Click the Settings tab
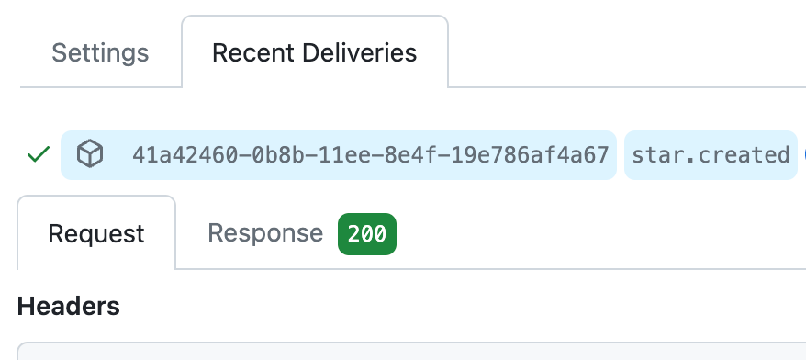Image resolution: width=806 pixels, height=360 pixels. tap(100, 52)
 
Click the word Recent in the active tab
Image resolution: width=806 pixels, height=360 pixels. tap(252, 52)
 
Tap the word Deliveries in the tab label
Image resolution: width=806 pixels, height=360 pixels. tap(359, 52)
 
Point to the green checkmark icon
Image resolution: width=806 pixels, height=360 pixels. tap(39, 154)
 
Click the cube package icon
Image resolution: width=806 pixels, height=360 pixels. tap(90, 153)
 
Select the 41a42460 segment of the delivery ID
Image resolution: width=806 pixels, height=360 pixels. tap(185, 155)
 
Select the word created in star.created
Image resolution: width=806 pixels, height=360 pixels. tap(744, 155)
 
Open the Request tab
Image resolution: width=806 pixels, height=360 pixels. tap(96, 233)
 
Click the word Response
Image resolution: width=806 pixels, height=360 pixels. tap(265, 233)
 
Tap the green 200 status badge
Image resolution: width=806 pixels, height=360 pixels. tap(367, 234)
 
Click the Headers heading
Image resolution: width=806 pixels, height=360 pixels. tap(68, 306)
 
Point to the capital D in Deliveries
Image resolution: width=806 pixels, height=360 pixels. tap(310, 52)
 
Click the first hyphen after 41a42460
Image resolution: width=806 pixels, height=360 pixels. tap(245, 155)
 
